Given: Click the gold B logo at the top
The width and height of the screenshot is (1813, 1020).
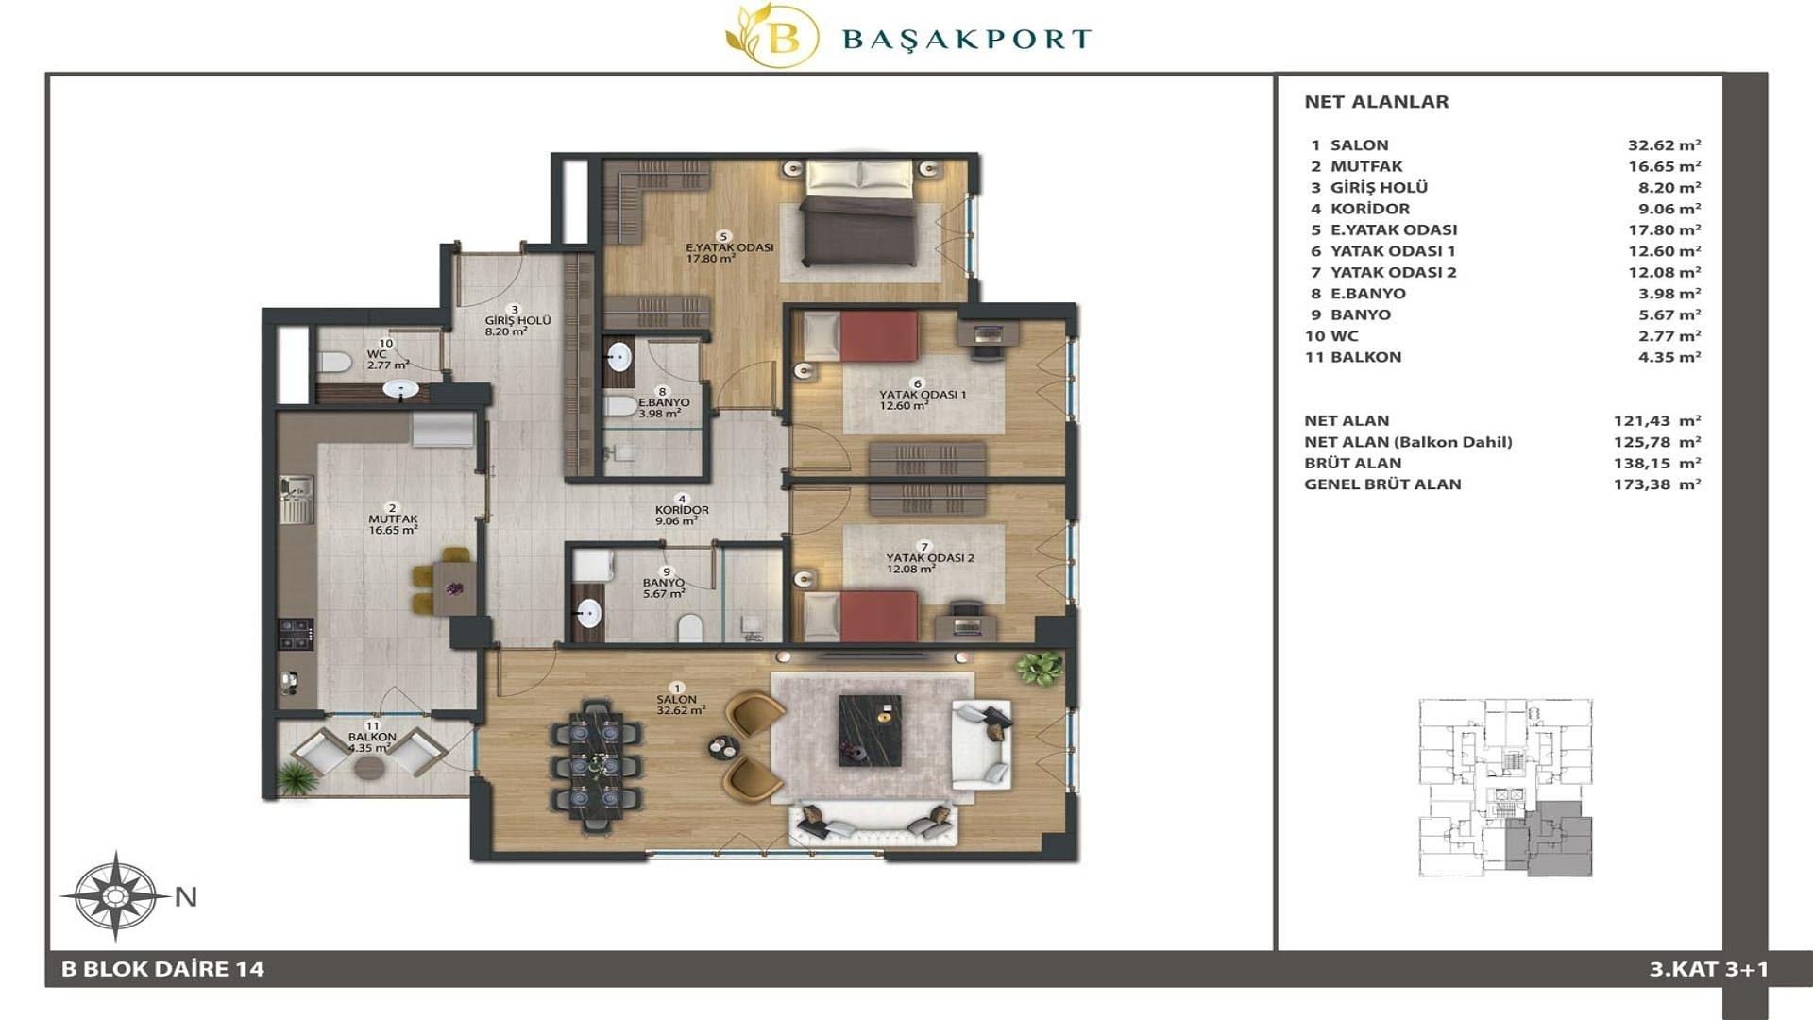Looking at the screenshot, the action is click(772, 36).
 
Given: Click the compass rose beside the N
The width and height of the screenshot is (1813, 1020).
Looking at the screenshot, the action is click(115, 895).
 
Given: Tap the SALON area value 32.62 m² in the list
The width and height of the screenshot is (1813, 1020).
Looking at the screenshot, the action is click(1664, 144).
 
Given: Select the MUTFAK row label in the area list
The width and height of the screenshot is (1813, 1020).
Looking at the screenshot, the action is click(1366, 166).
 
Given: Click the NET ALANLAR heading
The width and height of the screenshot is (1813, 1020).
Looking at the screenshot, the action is click(1376, 102).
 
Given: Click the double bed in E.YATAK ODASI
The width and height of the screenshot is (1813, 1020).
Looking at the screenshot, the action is click(859, 213).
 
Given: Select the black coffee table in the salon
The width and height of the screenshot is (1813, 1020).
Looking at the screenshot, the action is click(870, 731).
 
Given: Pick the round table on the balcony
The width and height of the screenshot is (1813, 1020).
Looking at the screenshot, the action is click(370, 767).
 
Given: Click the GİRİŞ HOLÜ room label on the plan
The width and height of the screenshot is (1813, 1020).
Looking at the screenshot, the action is click(517, 320).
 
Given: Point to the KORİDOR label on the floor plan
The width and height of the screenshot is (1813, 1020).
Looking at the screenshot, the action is click(682, 510).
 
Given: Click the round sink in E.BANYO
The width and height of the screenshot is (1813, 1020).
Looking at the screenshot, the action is click(618, 357).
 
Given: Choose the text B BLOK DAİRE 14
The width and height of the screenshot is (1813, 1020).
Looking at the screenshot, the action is click(162, 969).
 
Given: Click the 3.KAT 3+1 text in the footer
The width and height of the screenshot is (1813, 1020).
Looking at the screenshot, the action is click(1709, 969).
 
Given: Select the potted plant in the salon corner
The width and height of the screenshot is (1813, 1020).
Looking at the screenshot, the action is click(1039, 668).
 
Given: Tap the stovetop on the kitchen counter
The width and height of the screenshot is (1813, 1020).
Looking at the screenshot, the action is click(296, 633).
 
